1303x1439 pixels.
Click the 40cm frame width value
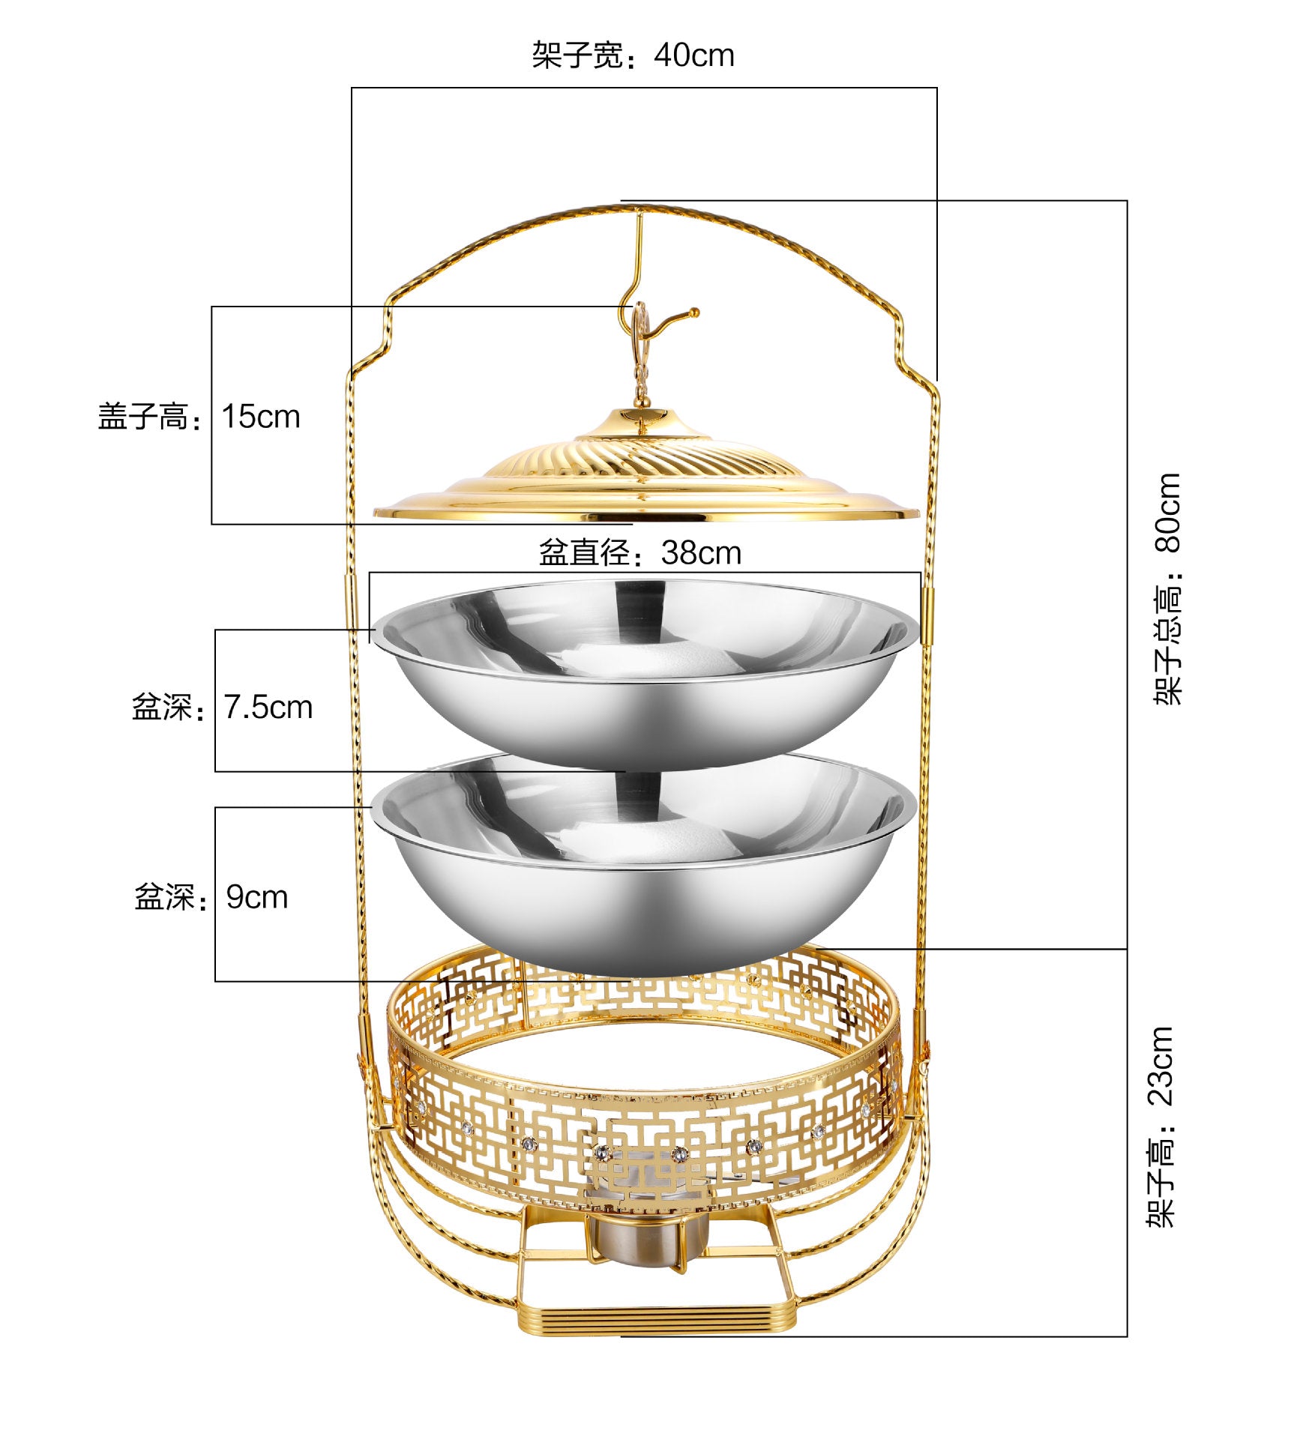click(693, 55)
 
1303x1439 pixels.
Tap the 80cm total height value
click(1167, 513)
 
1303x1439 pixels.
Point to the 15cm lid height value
click(261, 417)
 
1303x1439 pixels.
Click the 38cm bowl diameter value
click(701, 553)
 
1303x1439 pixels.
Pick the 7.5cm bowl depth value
click(268, 708)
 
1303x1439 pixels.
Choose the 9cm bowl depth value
click(257, 897)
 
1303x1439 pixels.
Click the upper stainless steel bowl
click(645, 675)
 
